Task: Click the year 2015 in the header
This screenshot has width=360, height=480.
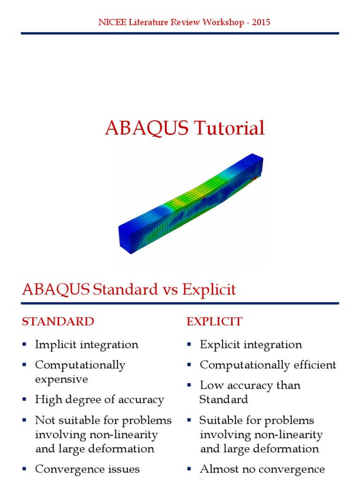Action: point(261,22)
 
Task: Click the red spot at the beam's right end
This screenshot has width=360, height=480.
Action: point(255,179)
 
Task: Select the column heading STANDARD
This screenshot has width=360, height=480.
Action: point(58,322)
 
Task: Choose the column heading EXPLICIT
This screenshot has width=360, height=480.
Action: point(214,322)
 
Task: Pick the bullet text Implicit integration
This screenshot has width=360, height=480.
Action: point(87,345)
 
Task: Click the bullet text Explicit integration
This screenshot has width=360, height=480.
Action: point(251,345)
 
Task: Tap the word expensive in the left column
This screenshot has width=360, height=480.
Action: point(61,379)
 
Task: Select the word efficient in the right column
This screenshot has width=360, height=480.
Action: point(313,365)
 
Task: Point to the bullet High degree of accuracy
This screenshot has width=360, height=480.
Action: point(99,400)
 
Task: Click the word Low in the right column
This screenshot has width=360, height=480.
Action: point(210,385)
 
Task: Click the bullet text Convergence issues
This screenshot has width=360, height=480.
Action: point(87,469)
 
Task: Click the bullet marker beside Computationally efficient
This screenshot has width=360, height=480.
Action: point(189,365)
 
